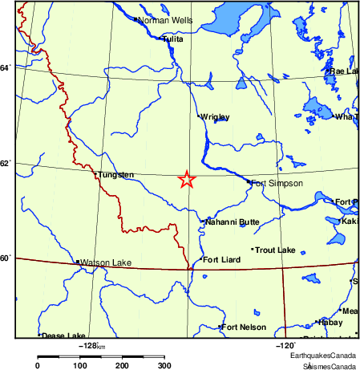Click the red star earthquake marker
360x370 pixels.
click(186, 180)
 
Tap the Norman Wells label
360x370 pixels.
click(164, 20)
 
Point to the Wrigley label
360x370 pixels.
click(215, 117)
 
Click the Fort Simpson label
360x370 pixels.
click(277, 184)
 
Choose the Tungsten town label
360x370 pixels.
click(116, 174)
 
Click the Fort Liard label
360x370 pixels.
click(222, 259)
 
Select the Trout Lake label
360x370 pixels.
click(276, 250)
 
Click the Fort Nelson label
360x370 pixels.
click(244, 327)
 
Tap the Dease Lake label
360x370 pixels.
click(63, 335)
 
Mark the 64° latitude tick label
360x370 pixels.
click(6, 67)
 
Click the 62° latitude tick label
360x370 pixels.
click(6, 164)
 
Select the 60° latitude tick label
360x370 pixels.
click(6, 258)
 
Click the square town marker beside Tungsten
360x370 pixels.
click(96, 174)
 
